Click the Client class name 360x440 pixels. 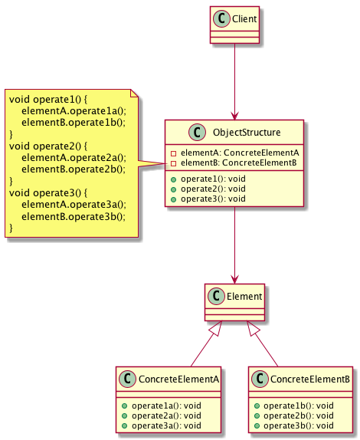tap(244, 19)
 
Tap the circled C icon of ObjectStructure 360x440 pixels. tap(197, 132)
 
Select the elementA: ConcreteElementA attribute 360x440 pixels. tap(240, 153)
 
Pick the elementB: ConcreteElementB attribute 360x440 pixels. tap(239, 163)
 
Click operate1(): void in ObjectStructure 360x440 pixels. tap(213, 179)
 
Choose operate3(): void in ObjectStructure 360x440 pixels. tap(213, 199)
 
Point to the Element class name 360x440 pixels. tap(244, 297)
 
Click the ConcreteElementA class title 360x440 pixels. tap(178, 379)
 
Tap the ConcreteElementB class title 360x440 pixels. tap(310, 379)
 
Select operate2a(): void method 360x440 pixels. tap(166, 415)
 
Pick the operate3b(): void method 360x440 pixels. tap(298, 425)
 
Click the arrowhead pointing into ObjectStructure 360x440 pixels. tap(234, 116)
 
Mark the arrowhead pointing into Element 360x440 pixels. tap(234, 280)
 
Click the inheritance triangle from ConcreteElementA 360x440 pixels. tap(217, 328)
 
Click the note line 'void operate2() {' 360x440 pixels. tap(48, 146)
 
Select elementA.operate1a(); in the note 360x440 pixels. tap(74, 111)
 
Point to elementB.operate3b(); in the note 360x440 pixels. tap(74, 217)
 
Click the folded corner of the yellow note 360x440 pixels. tap(134, 94)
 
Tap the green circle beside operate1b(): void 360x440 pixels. tap(257, 406)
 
